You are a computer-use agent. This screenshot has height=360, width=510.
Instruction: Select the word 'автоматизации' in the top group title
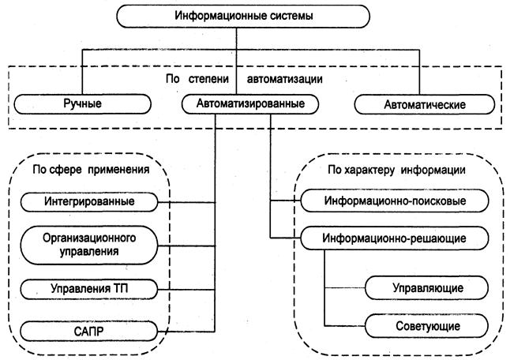tap(284, 79)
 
